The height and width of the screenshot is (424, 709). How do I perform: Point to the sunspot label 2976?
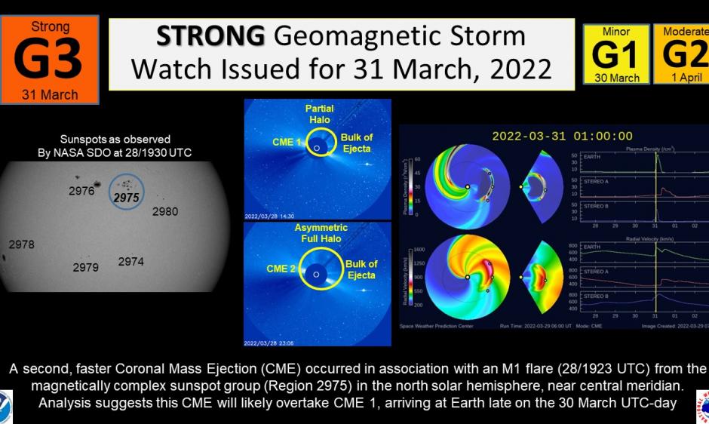click(81, 191)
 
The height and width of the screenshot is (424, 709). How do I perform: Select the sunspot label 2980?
click(165, 212)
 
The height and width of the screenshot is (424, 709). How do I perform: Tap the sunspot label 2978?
click(21, 244)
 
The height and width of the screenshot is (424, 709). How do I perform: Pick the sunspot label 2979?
click(85, 267)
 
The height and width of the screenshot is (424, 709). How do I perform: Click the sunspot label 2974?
click(131, 262)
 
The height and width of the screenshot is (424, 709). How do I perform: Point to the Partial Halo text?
click(320, 114)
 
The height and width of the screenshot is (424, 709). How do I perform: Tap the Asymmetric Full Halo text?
click(321, 233)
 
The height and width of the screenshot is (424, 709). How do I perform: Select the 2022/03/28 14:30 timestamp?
click(269, 216)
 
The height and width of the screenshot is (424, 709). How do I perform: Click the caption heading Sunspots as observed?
click(115, 140)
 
